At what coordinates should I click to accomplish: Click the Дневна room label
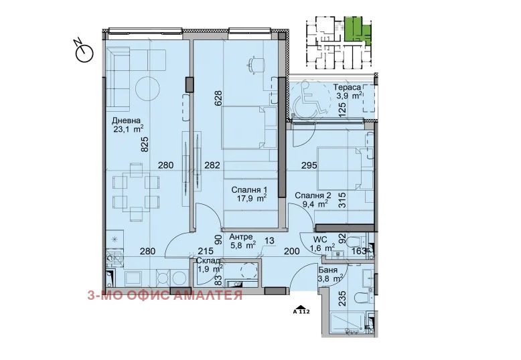[x=127, y=120]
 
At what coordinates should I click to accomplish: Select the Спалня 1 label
[x=249, y=190]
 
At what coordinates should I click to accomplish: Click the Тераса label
[x=347, y=88]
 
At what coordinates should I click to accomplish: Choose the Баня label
[x=327, y=270]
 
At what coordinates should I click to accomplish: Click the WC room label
[x=320, y=240]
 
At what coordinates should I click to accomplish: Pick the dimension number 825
[x=145, y=145]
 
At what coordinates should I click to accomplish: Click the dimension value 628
[x=218, y=98]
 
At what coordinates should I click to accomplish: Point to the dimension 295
[x=309, y=165]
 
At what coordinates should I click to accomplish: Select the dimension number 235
[x=342, y=298]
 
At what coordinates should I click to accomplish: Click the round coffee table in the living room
[x=148, y=88]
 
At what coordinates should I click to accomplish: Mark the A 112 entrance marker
[x=301, y=310]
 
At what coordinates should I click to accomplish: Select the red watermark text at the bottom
[x=165, y=295]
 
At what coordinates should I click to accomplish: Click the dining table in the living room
[x=136, y=192]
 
